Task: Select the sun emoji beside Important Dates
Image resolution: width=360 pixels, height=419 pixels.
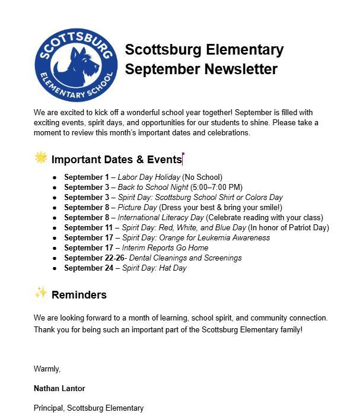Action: pos(40,158)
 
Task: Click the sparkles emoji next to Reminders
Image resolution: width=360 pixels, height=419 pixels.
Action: pos(40,293)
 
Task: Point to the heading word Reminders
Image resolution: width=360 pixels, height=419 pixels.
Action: pos(79,295)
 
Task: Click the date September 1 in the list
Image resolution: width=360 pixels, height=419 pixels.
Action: pos(87,177)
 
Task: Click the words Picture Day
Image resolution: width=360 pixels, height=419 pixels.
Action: pos(137,208)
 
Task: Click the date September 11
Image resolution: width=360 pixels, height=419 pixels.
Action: pos(88,228)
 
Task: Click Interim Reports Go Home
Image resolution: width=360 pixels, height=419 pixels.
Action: pos(165,248)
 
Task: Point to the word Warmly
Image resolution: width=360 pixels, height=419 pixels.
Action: pos(47,369)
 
